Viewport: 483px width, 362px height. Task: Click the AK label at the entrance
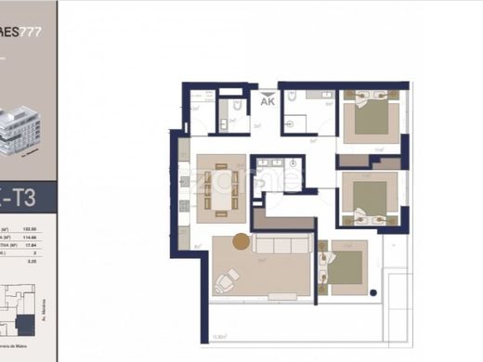(x=268, y=103)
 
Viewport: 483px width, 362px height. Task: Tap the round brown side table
(x=241, y=243)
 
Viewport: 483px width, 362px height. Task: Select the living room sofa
(x=282, y=245)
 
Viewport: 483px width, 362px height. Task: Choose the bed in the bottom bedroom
(x=346, y=267)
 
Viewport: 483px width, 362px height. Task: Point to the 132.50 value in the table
(x=42, y=228)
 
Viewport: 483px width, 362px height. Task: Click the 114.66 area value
(x=42, y=238)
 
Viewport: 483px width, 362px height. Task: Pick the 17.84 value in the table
(x=42, y=246)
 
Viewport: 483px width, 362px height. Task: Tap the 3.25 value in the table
(x=42, y=263)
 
